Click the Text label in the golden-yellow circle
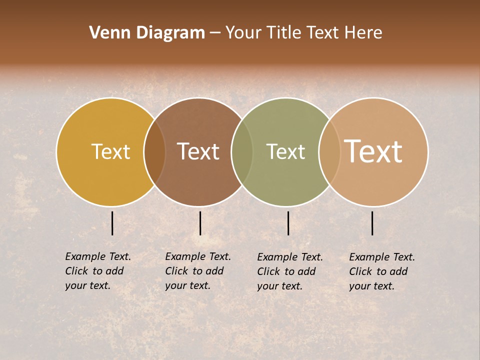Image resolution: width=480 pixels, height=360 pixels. tap(110, 151)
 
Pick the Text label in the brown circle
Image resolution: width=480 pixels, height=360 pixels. tap(198, 151)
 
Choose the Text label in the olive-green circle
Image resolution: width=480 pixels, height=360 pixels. tap(285, 151)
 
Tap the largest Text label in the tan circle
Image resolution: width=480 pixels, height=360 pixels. tap(373, 151)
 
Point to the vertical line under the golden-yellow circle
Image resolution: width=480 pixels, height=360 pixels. tap(112, 223)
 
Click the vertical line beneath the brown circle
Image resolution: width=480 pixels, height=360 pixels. tap(200, 223)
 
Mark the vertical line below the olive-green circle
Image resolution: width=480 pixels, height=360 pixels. tap(288, 223)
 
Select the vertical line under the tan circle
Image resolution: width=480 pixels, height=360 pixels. tap(372, 223)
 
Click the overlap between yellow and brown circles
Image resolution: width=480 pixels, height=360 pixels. tap(154, 151)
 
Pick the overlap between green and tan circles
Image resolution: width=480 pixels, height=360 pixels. tap(329, 151)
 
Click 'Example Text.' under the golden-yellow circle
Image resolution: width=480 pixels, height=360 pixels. tap(98, 256)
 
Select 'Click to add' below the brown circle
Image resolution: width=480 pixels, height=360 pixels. tap(194, 271)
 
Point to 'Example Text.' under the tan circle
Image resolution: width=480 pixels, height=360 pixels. tap(382, 257)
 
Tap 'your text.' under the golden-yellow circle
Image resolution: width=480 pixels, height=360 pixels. tap(87, 286)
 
